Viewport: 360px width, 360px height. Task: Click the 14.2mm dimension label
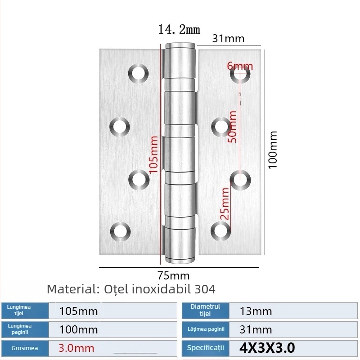pyautogui.click(x=179, y=30)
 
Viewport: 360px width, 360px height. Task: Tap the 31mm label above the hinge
pyautogui.click(x=228, y=39)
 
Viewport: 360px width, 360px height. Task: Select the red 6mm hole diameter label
pyautogui.click(x=240, y=66)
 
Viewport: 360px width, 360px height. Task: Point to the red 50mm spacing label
pyautogui.click(x=232, y=126)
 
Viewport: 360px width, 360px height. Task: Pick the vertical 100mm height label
pyautogui.click(x=273, y=149)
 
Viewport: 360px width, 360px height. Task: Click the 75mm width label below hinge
pyautogui.click(x=173, y=275)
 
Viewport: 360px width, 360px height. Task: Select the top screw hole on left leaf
pyautogui.click(x=138, y=73)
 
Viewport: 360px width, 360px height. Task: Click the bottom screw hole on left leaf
pyautogui.click(x=120, y=231)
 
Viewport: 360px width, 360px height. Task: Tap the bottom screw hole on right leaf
pyautogui.click(x=220, y=231)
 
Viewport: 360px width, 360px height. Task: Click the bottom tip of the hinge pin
pyautogui.click(x=180, y=260)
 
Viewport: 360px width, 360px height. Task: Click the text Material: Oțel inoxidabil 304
pyautogui.click(x=131, y=288)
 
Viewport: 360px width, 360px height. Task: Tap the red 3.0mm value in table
pyautogui.click(x=77, y=348)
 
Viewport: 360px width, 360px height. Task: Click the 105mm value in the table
pyautogui.click(x=79, y=311)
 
